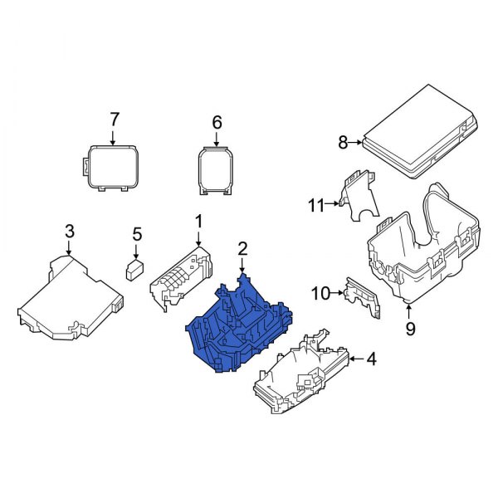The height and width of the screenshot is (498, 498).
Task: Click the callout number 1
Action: coord(198,221)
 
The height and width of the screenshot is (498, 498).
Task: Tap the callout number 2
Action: coord(242,248)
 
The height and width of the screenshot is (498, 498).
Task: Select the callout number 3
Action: coord(70,229)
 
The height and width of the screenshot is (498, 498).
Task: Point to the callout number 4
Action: coord(372,359)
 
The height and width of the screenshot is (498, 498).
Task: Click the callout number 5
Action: coord(137,235)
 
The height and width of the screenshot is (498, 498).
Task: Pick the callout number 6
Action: coord(217,123)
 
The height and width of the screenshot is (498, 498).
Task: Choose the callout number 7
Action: coord(115,120)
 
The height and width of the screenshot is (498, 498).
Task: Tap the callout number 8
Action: coord(343,142)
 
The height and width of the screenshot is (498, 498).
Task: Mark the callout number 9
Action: coord(410,329)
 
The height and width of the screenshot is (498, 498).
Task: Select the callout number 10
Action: coord(320,292)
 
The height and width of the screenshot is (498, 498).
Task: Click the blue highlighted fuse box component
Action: coord(241,328)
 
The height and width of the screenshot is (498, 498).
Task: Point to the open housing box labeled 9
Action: coord(423,249)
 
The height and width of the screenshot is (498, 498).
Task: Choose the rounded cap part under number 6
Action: coord(216,170)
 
